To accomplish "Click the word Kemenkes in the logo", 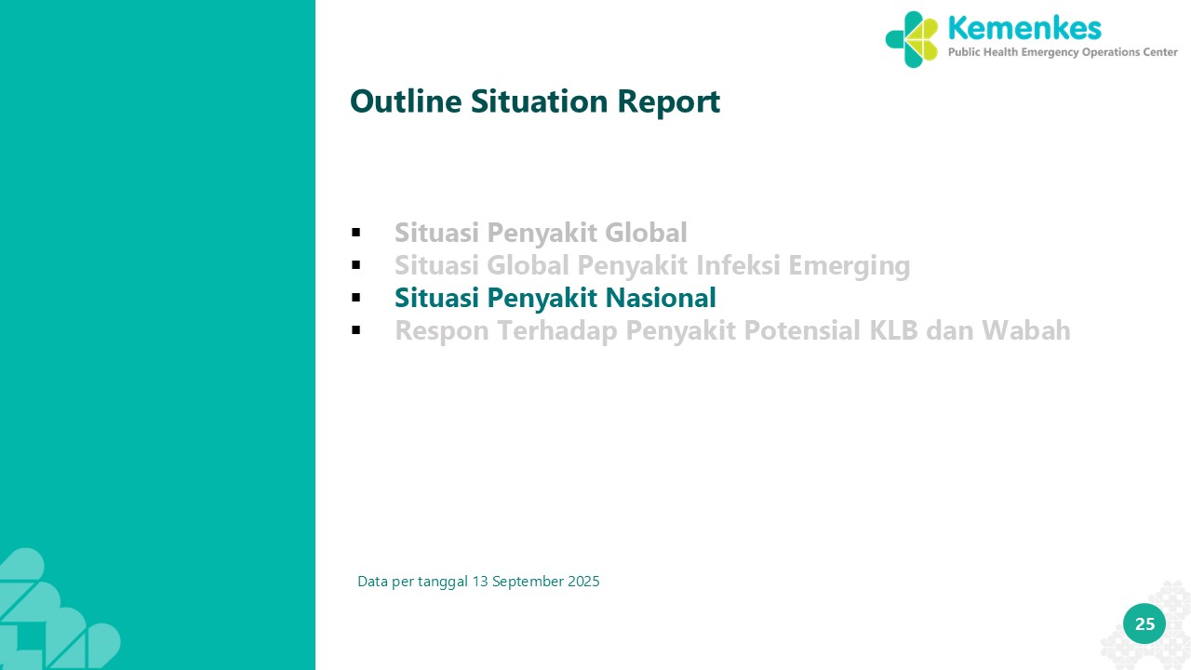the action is (x=1024, y=28).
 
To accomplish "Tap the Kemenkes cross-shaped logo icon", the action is (x=912, y=39).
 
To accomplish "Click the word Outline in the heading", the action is (x=406, y=101).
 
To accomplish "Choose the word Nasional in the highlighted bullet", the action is (x=661, y=297).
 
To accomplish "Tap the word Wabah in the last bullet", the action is (x=1025, y=330).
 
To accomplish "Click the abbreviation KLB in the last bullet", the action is (x=893, y=330).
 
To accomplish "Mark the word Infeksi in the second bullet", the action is (x=738, y=265).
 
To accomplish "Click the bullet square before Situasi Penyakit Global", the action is (x=356, y=233).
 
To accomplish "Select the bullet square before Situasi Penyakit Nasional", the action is (x=356, y=298).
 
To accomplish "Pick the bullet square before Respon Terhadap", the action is (x=356, y=330).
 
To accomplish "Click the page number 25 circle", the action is (x=1144, y=623).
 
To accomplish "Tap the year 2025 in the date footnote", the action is (x=583, y=582).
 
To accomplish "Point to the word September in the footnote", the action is (x=528, y=583).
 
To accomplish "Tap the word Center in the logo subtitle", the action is (x=1160, y=52).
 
